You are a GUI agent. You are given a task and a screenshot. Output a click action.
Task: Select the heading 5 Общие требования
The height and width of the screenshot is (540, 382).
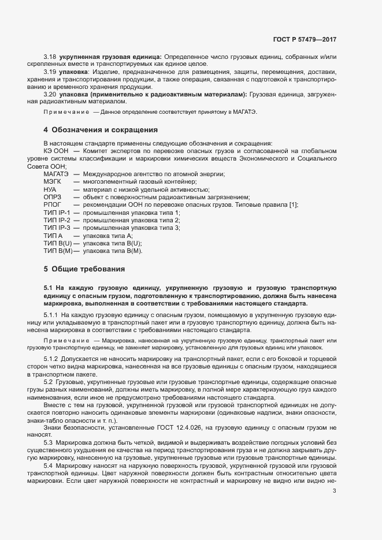point(84,269)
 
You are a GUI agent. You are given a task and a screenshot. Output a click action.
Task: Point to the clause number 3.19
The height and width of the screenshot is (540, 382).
point(50,72)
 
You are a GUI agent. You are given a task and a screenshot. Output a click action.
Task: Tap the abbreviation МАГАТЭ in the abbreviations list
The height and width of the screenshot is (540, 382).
point(56,174)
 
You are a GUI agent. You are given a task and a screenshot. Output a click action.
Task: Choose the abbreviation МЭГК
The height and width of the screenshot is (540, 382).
point(52,182)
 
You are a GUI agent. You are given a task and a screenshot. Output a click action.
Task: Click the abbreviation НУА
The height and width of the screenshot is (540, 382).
point(50,189)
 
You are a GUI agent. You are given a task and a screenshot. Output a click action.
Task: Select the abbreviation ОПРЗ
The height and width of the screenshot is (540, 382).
point(52,198)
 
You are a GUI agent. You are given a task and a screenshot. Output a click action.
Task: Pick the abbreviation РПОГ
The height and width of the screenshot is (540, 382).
point(52,205)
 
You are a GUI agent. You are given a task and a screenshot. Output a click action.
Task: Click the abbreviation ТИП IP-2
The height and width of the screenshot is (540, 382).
point(57,221)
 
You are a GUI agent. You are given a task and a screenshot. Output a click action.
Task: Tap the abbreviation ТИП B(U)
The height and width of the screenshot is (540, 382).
point(57,244)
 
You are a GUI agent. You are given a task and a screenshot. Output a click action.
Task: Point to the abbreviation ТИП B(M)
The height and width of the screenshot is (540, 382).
point(58,251)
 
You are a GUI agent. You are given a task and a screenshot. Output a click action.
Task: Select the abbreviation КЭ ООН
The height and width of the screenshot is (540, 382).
point(55,151)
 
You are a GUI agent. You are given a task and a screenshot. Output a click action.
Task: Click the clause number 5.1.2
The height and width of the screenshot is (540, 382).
point(52,359)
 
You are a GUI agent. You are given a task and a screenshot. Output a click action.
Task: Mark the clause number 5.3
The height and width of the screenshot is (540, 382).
point(49,442)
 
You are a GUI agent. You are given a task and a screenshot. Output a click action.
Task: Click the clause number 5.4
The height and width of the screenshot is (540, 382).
point(49,465)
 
